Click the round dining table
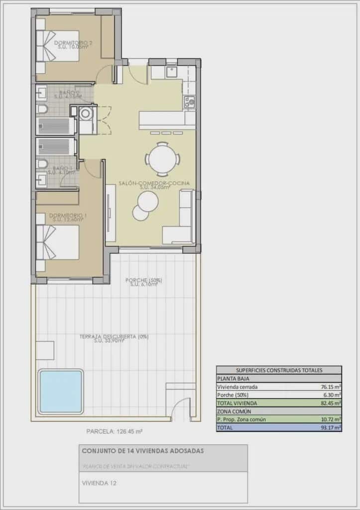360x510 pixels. click(162, 159)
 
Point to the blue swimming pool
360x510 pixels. click(60, 391)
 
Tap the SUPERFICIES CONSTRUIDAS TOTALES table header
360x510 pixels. click(279, 370)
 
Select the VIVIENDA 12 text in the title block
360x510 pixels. click(101, 482)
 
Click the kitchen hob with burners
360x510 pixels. click(189, 102)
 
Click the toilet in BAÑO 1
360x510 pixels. click(43, 163)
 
